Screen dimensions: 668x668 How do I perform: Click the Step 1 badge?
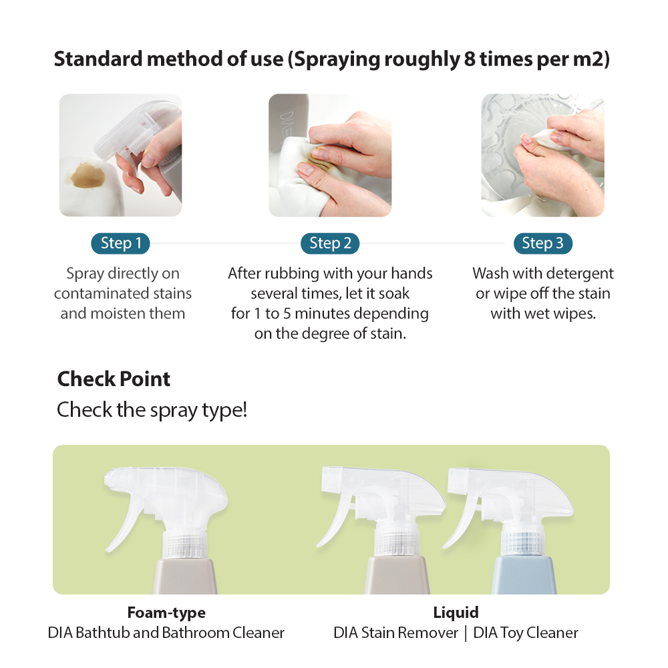(120, 243)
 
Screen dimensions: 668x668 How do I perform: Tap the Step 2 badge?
(330, 243)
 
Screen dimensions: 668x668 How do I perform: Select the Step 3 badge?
(542, 243)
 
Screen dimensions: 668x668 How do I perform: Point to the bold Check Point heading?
(114, 379)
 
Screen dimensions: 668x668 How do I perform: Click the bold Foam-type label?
(166, 613)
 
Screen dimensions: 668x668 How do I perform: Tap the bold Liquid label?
(456, 613)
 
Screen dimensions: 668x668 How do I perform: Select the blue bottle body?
(523, 576)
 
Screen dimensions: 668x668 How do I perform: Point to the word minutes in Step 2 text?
(322, 313)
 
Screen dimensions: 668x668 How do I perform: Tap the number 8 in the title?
(470, 59)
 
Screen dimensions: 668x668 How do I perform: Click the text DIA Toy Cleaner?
(526, 633)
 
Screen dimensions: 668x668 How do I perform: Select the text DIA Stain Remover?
(395, 633)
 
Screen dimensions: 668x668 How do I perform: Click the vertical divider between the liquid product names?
(466, 633)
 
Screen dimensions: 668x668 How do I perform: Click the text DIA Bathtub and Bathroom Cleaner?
(166, 633)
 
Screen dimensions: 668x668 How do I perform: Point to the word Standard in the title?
(98, 59)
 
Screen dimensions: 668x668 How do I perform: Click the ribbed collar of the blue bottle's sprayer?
(523, 540)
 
